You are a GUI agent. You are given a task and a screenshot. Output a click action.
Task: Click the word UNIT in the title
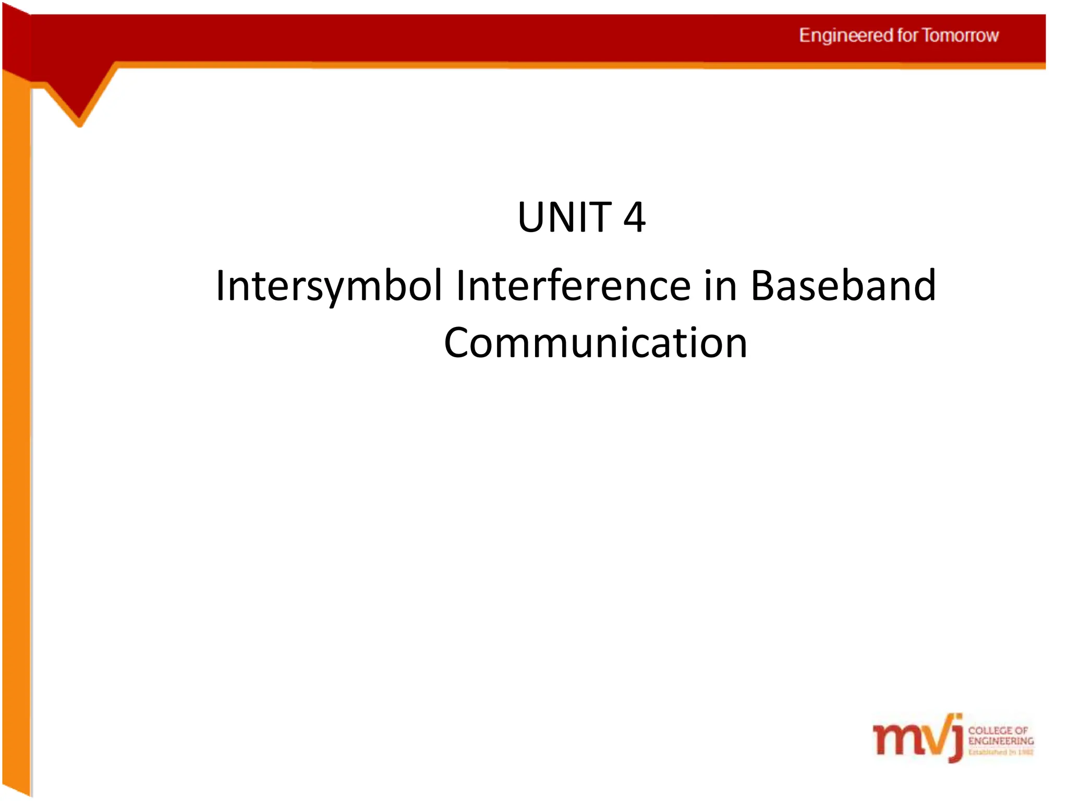click(564, 217)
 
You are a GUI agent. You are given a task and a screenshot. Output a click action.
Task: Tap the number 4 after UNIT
click(634, 217)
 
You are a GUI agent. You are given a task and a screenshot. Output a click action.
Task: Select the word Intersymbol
click(329, 286)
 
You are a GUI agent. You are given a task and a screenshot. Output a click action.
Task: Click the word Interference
click(573, 286)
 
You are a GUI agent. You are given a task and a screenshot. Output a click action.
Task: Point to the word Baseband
click(843, 286)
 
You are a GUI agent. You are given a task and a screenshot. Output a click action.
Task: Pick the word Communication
click(596, 343)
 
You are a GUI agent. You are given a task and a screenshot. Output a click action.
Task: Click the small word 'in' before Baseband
click(720, 286)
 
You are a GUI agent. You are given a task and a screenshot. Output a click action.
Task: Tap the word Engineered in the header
click(846, 35)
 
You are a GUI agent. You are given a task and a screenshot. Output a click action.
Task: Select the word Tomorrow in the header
click(960, 35)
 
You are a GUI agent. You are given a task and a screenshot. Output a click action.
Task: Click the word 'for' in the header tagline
click(907, 35)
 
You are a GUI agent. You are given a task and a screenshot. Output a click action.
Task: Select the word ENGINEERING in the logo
click(1001, 741)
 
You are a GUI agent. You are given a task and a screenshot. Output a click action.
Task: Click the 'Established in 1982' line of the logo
click(1001, 752)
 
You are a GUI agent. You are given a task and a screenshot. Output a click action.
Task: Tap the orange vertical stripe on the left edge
click(16, 417)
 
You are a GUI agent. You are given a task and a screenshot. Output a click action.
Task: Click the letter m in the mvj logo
click(894, 739)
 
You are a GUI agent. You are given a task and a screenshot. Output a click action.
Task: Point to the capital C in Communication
click(459, 343)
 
